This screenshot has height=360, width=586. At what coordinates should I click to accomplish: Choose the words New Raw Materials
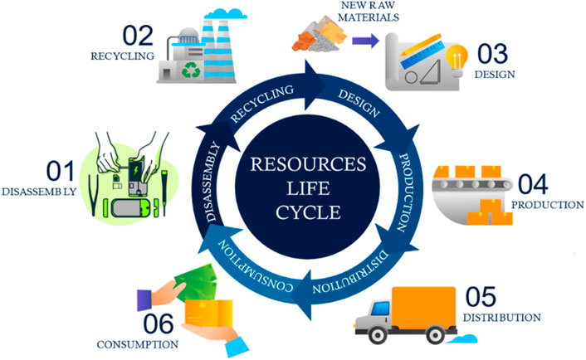click(x=323, y=12)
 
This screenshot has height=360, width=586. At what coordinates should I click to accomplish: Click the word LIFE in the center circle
click(x=293, y=183)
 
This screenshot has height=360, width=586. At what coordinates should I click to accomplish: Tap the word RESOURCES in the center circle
click(x=293, y=161)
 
